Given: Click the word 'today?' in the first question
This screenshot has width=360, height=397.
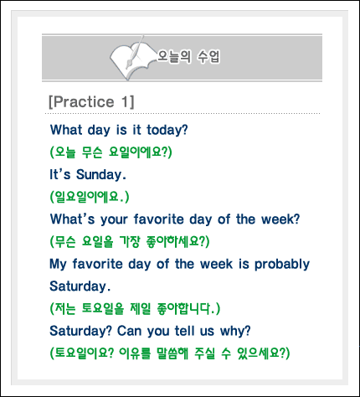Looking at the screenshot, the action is click(167, 131).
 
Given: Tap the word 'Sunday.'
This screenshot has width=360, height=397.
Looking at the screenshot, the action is click(101, 175).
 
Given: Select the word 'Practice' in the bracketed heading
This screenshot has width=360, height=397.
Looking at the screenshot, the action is click(83, 101).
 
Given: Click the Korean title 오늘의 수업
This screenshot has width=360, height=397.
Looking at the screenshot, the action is click(188, 57).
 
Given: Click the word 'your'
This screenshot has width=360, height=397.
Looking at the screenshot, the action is click(114, 220).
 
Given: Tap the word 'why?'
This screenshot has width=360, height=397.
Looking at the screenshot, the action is click(235, 332).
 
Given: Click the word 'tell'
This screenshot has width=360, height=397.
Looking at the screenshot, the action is click(184, 331).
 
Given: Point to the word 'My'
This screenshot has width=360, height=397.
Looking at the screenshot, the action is click(58, 265).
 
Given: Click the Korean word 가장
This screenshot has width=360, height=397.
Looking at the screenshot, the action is click(130, 241).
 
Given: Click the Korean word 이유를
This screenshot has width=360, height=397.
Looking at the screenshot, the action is click(135, 353).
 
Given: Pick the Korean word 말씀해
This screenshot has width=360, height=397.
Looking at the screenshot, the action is click(172, 353).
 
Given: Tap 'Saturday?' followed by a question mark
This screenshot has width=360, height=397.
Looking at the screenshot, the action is click(80, 331).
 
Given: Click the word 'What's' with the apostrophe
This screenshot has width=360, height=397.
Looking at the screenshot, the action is click(73, 219).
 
